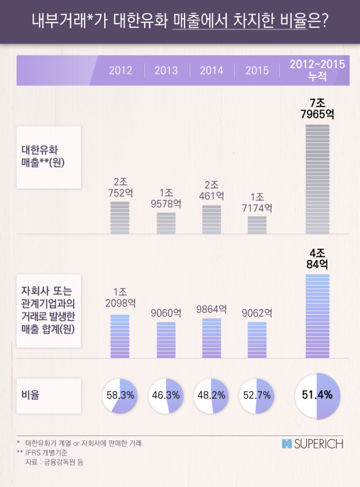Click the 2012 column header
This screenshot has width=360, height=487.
pyautogui.click(x=121, y=70)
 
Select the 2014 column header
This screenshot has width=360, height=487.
pyautogui.click(x=212, y=70)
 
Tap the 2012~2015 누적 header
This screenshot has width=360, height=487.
pyautogui.click(x=317, y=70)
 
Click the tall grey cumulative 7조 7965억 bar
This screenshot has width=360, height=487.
pyautogui.click(x=317, y=179)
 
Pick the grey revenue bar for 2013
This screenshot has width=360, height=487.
pyautogui.click(x=166, y=223)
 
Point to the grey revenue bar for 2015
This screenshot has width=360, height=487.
pyautogui.click(x=257, y=225)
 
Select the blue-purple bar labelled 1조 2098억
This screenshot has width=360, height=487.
pyautogui.click(x=120, y=336)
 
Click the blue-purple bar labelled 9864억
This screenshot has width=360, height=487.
pyautogui.click(x=212, y=338)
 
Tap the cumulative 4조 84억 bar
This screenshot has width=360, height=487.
pyautogui.click(x=317, y=316)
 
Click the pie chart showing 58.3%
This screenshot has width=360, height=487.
pyautogui.click(x=120, y=396)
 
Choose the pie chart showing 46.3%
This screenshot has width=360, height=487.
pyautogui.click(x=166, y=396)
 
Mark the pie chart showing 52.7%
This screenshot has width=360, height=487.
pyautogui.click(x=256, y=396)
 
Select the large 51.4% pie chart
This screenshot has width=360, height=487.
pyautogui.click(x=317, y=396)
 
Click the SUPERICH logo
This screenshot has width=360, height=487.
pyautogui.click(x=312, y=444)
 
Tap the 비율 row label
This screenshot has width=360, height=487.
pyautogui.click(x=30, y=395)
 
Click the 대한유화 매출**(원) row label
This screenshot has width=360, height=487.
pyautogui.click(x=43, y=156)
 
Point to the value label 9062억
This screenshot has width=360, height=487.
pyautogui.click(x=257, y=313)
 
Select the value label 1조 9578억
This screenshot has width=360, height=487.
pyautogui.click(x=166, y=198)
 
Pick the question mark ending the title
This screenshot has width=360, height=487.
pyautogui.click(x=325, y=21)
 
